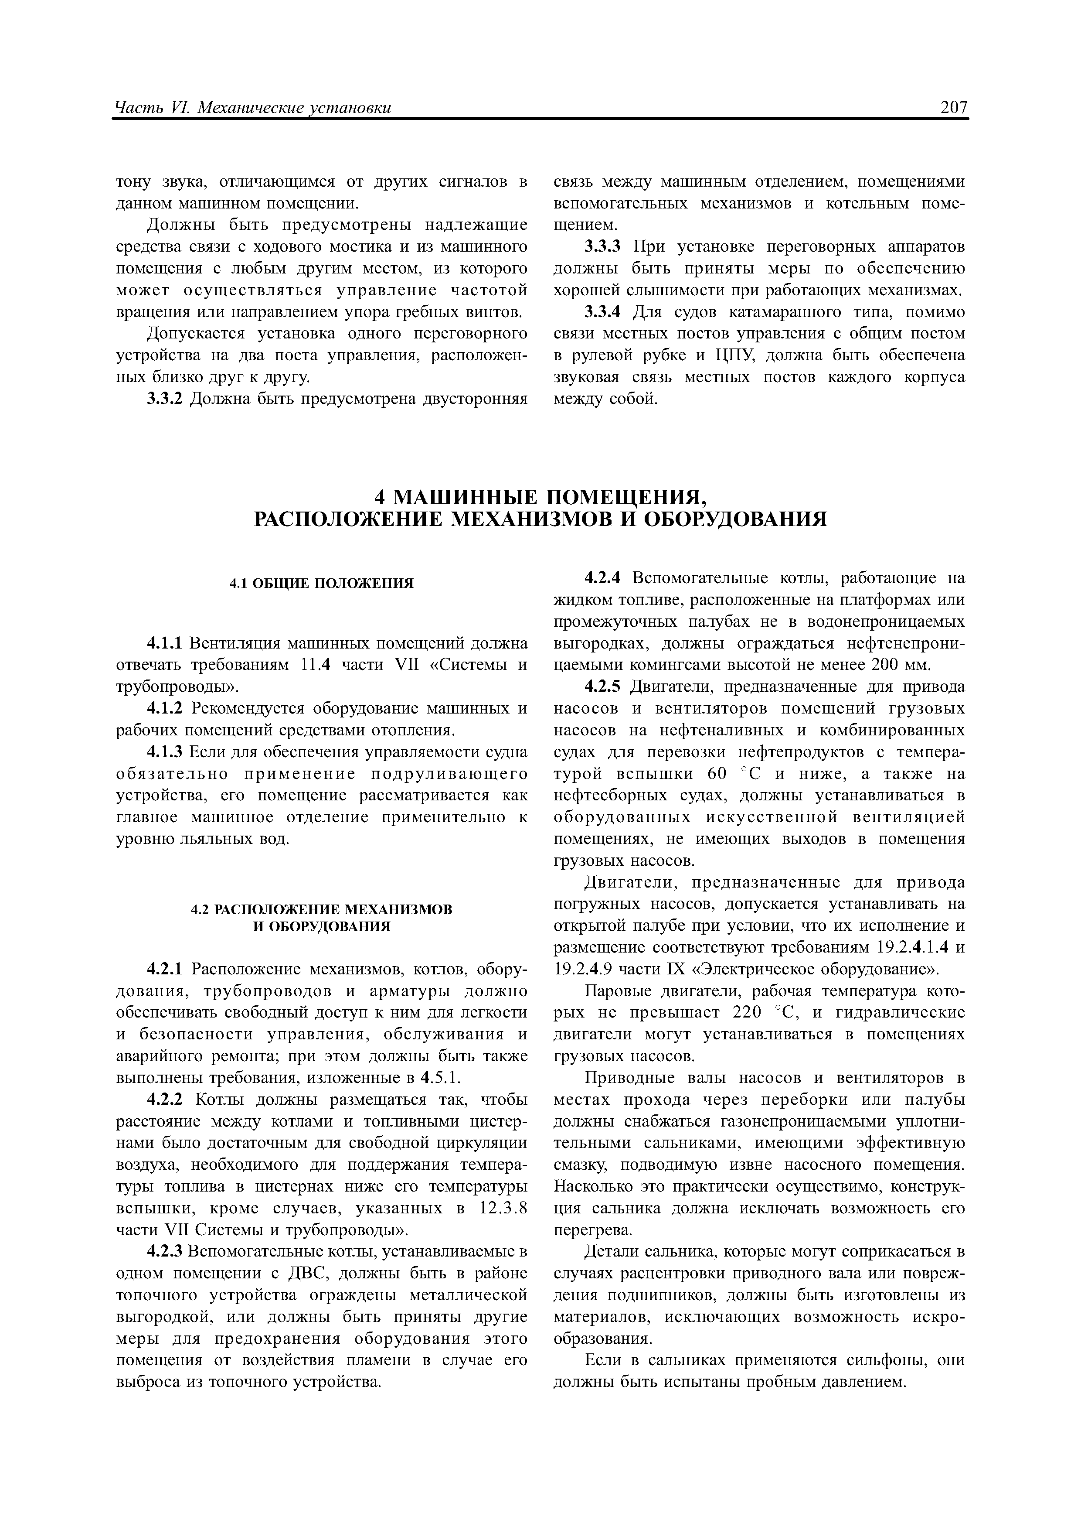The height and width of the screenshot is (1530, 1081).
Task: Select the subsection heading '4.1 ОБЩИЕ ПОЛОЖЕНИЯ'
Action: [x=322, y=583]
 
